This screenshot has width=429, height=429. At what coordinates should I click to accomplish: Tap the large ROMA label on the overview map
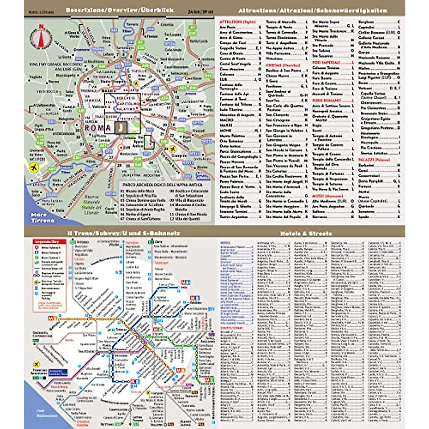[x=98, y=128]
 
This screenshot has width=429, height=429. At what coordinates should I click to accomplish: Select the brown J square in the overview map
[x=121, y=127]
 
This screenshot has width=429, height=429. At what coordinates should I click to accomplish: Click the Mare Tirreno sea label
[x=42, y=217]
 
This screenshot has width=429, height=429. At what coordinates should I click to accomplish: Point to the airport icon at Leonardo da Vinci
[x=35, y=167]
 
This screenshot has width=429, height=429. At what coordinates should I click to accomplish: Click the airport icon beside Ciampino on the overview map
[x=173, y=149]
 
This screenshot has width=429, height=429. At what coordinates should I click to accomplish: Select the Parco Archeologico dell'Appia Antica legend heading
[x=162, y=185]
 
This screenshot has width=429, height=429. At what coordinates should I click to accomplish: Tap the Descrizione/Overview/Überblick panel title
[x=119, y=10]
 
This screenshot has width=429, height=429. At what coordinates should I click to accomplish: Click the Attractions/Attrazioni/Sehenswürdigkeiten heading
[x=312, y=10]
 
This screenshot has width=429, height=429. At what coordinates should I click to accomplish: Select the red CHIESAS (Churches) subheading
[x=283, y=65]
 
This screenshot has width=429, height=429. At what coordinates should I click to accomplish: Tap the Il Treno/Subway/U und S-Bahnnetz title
[x=124, y=233]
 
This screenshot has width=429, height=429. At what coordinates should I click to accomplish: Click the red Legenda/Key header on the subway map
[x=50, y=242]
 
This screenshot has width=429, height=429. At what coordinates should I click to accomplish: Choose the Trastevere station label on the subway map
[x=86, y=351]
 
